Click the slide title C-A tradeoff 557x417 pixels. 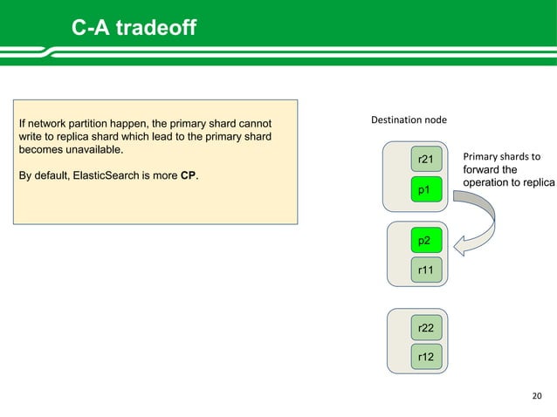(134, 31)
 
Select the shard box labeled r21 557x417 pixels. (426, 159)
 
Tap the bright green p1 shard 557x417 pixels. (426, 189)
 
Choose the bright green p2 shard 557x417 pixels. (426, 240)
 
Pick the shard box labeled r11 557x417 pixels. (426, 270)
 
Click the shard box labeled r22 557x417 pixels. (426, 327)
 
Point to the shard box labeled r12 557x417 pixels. (426, 357)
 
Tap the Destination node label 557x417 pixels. (409, 119)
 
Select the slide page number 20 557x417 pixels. (537, 398)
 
